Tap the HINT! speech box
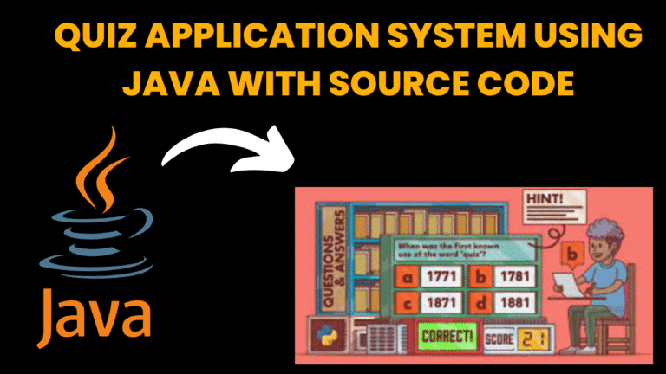[545, 201]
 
